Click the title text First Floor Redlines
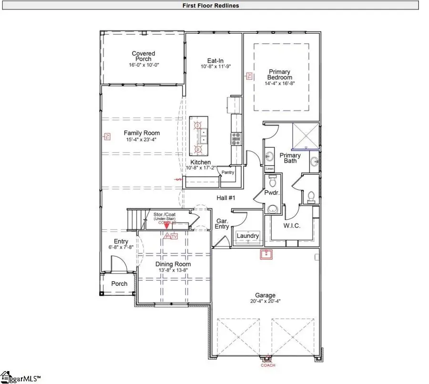pos(210,6)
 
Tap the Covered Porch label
pos(143,56)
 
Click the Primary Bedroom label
pos(280,75)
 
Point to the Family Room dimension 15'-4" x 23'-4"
pos(142,140)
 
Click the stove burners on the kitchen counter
pos(235,138)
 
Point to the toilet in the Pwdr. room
pos(273,182)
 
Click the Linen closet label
pos(269,169)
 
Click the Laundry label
pos(248,236)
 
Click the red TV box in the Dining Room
pos(174,236)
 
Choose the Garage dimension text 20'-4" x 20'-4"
pos(265,301)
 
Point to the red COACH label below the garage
pos(267,365)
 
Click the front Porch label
pos(119,283)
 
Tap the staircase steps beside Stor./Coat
pos(135,219)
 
